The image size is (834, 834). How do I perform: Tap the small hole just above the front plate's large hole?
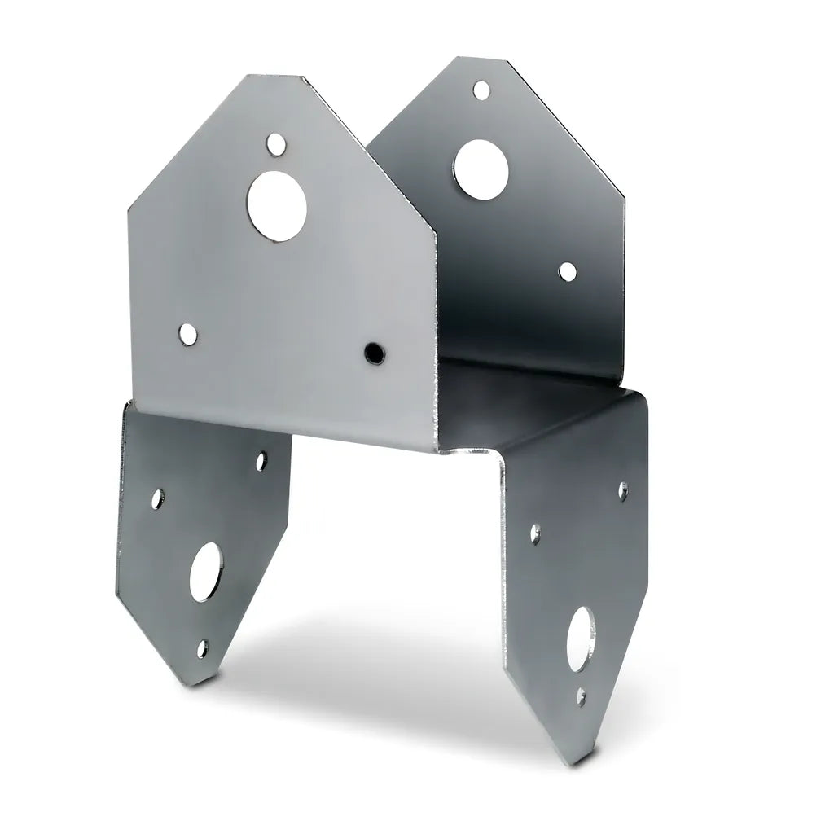pyautogui.click(x=277, y=145)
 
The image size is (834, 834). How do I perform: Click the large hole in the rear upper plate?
pyautogui.click(x=481, y=167)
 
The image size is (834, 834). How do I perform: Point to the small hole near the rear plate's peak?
pyautogui.click(x=481, y=89)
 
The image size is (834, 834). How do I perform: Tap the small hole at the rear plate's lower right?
pyautogui.click(x=567, y=272)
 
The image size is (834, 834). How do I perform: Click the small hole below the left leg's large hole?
pyautogui.click(x=202, y=648)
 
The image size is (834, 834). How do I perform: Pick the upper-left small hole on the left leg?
pyautogui.click(x=158, y=496)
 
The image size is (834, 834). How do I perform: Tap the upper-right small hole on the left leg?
pyautogui.click(x=261, y=462)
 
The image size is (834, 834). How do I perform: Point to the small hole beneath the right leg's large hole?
pyautogui.click(x=580, y=696)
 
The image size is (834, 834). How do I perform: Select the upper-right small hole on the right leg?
pyautogui.click(x=623, y=490)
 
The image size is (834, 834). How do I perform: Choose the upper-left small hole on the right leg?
pyautogui.click(x=535, y=533)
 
